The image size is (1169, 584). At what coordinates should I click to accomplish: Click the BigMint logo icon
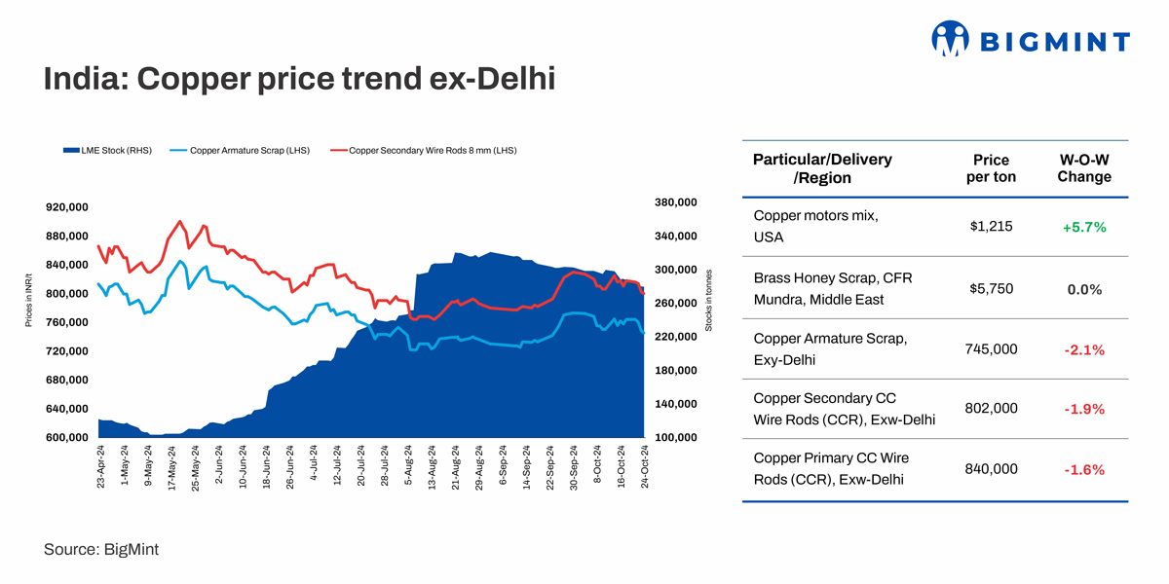[951, 39]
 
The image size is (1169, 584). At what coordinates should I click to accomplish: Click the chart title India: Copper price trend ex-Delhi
[298, 79]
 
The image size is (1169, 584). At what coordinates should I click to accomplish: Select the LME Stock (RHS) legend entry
[107, 151]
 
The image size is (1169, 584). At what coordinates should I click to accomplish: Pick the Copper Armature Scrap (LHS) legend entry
[240, 151]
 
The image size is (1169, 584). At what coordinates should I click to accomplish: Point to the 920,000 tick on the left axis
[67, 207]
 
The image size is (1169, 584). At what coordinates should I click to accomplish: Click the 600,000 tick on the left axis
[67, 437]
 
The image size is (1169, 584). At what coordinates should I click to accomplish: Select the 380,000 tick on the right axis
[678, 202]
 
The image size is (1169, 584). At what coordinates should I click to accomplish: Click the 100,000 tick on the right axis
[678, 437]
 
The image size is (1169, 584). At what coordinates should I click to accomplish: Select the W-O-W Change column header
[1083, 168]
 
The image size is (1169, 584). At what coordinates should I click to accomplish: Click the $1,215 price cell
[991, 226]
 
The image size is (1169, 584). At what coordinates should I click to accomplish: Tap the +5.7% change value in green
[1083, 227]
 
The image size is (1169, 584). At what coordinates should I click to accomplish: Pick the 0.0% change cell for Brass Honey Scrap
[1083, 289]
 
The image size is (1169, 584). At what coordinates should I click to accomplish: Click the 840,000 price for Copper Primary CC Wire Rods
[991, 469]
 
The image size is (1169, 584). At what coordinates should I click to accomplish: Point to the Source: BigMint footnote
[100, 550]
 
